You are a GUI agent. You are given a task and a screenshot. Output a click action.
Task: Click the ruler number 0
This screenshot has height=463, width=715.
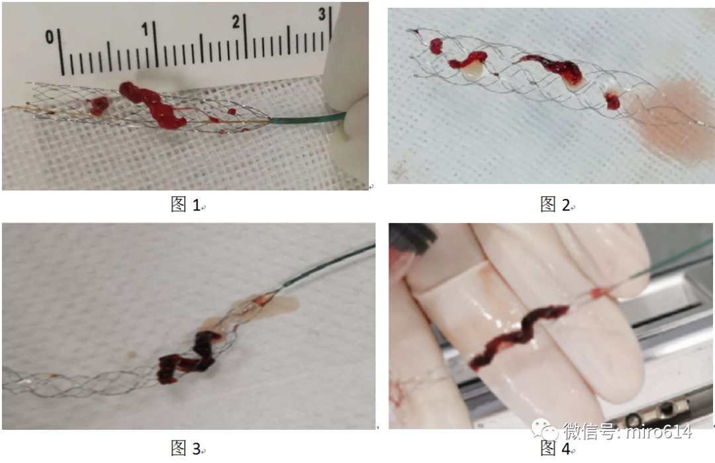pyautogui.click(x=50, y=36)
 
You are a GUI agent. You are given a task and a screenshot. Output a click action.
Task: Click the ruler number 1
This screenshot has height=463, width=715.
pyautogui.click(x=144, y=30)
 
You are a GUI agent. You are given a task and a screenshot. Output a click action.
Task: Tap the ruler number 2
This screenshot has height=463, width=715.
pyautogui.click(x=235, y=21)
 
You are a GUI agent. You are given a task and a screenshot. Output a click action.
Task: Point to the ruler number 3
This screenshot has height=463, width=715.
pyautogui.click(x=322, y=14)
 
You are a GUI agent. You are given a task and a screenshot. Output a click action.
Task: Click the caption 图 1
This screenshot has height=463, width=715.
pyautogui.click(x=185, y=204)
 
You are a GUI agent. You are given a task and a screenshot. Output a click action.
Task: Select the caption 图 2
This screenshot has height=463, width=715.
pyautogui.click(x=555, y=204)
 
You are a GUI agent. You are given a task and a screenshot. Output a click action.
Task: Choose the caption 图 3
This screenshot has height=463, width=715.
pyautogui.click(x=185, y=448)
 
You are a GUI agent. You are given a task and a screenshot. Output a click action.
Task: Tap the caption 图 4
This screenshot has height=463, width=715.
pyautogui.click(x=555, y=448)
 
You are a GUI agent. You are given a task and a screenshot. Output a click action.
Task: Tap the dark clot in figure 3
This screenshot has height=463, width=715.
pyautogui.click(x=187, y=358)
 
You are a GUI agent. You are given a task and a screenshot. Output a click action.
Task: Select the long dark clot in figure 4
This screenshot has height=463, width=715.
pyautogui.click(x=520, y=336)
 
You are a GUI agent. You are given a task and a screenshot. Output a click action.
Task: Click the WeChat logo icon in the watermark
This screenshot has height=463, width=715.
pyautogui.click(x=545, y=430)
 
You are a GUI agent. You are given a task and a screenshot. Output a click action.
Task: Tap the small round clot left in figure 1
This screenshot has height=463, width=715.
pyautogui.click(x=98, y=106)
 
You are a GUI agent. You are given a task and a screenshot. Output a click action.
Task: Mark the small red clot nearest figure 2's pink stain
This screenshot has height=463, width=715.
pyautogui.click(x=612, y=101)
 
